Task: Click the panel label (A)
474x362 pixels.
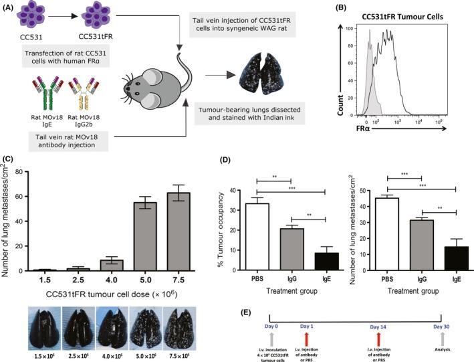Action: (10, 7)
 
